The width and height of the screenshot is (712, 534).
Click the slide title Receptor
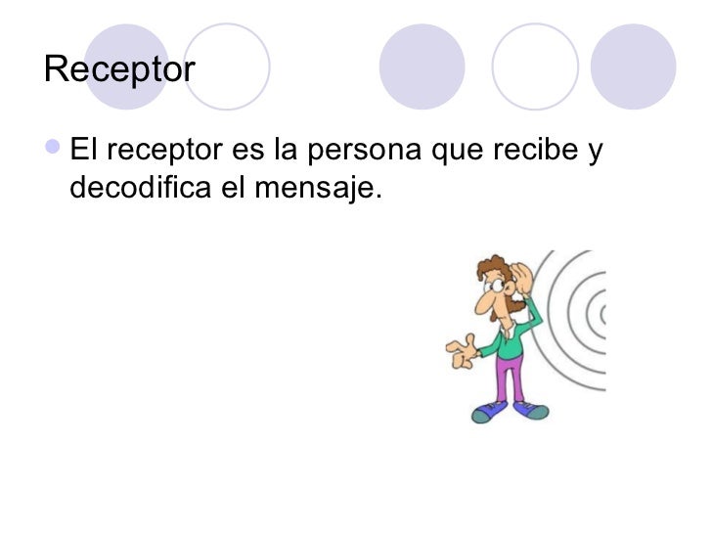click(120, 69)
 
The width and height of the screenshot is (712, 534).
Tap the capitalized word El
click(83, 152)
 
